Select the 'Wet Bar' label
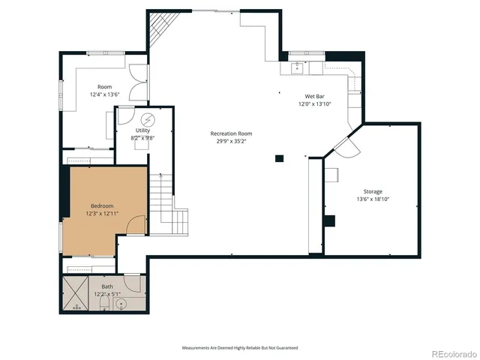314,97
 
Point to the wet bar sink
297,66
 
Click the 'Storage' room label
373,192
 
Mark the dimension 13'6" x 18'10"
373,199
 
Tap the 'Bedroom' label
102,206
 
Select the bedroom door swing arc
135,223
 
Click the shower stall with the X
76,295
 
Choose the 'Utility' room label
142,131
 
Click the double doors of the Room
138,82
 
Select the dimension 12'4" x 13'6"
105,94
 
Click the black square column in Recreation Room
279,158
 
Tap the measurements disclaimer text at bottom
240,348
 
